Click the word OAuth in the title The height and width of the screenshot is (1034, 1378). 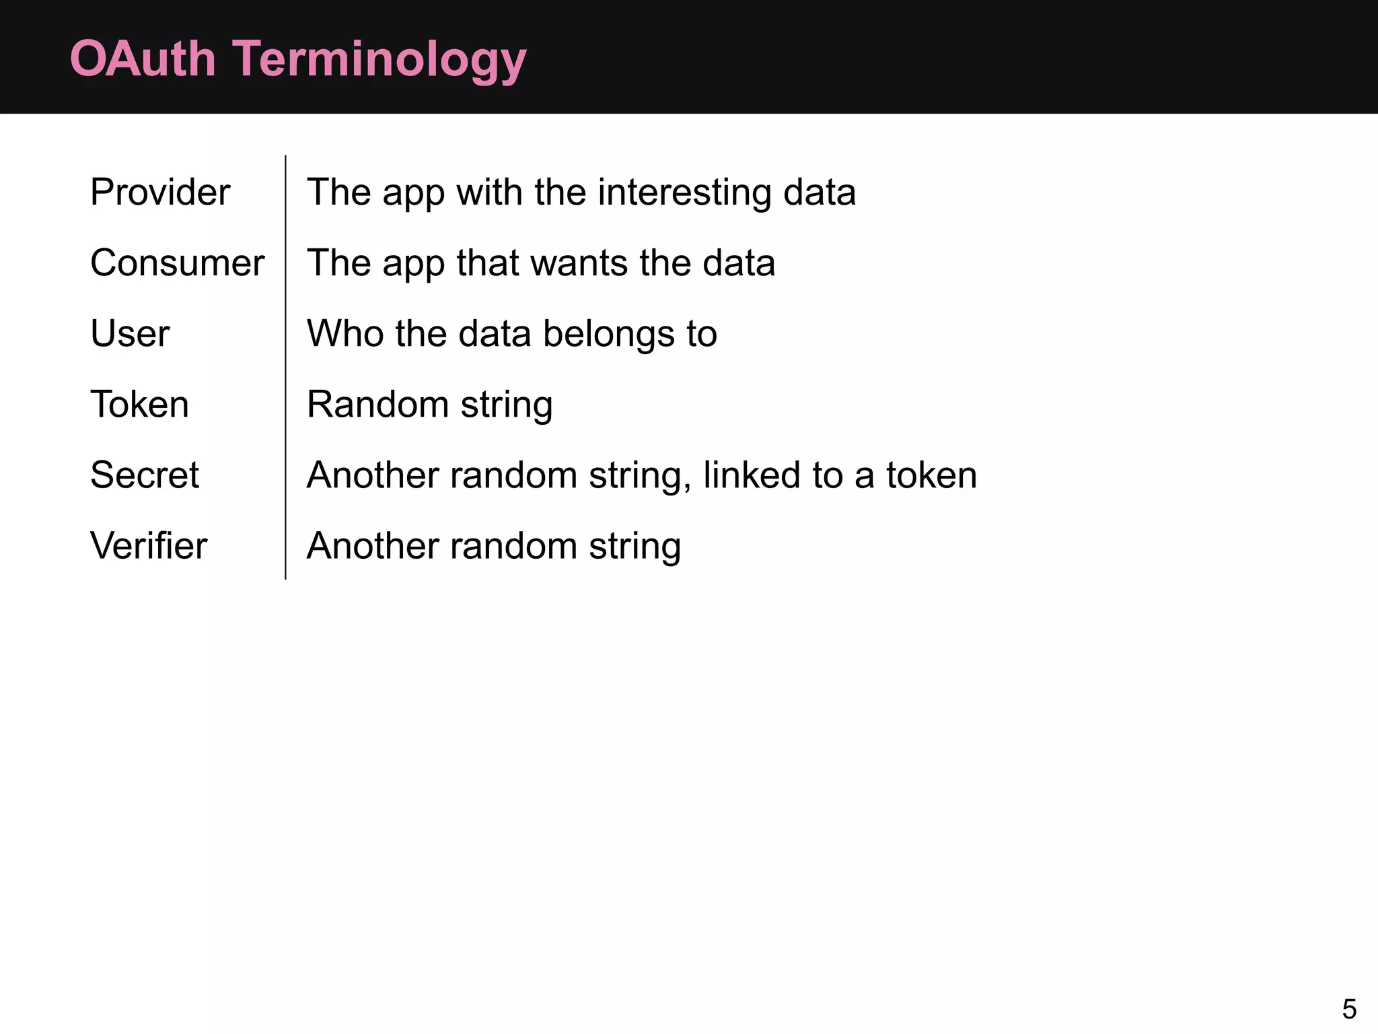(x=142, y=59)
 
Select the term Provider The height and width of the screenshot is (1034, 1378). (x=160, y=193)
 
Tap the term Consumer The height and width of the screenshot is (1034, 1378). (x=177, y=263)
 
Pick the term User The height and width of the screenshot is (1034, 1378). (x=130, y=334)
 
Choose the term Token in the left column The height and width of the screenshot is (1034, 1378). (x=139, y=405)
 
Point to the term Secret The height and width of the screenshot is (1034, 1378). (x=145, y=475)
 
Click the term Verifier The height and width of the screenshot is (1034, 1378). (x=149, y=546)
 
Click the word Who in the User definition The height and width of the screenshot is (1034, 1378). (x=344, y=334)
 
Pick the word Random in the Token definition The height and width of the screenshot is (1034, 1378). (x=377, y=405)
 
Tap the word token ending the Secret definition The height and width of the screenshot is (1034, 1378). (x=931, y=475)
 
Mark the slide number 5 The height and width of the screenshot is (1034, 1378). (x=1348, y=1009)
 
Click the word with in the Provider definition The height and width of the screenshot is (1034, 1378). (x=489, y=193)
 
